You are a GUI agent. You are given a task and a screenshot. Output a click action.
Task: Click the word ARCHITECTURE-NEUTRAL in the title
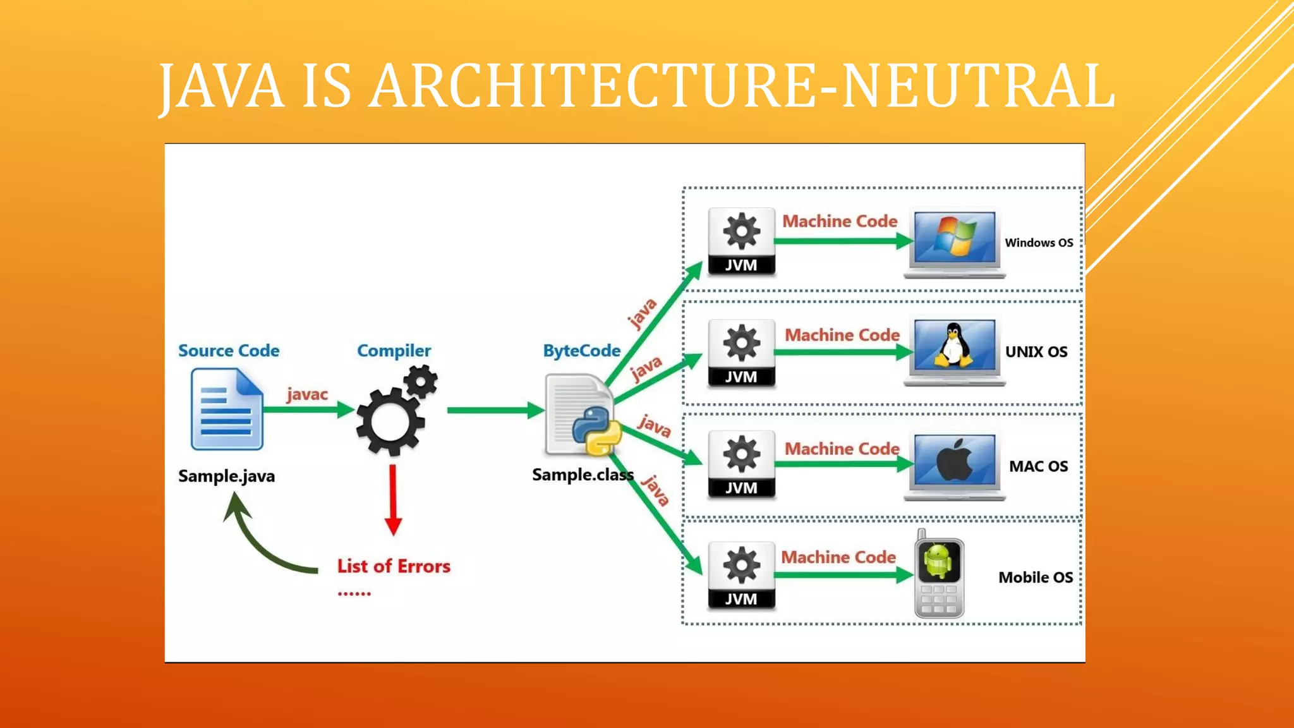coord(742,86)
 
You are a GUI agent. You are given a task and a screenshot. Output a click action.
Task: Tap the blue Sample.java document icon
coord(227,410)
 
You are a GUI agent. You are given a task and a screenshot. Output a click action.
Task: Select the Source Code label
coord(228,351)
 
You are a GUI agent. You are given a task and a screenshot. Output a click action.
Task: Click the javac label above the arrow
coord(307,394)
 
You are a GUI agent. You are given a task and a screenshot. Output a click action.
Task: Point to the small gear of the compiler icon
coord(421,382)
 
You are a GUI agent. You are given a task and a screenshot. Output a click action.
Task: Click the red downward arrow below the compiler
coord(393,500)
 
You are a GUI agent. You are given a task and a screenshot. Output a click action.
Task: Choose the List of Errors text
coord(394,566)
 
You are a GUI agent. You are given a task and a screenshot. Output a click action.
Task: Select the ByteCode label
coord(581,351)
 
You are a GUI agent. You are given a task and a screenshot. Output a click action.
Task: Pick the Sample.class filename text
coord(582,475)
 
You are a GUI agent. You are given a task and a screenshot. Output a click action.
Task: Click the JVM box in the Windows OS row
coord(741,241)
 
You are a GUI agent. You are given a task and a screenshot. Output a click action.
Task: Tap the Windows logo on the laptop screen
coord(956,236)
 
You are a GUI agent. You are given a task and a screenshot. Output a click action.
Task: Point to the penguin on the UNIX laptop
coord(953,346)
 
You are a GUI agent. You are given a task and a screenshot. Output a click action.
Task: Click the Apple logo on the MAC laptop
coord(955,459)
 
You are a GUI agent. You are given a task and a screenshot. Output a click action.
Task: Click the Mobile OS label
coord(1035,578)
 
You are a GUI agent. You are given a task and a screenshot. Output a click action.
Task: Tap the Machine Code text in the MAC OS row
coord(842,449)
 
